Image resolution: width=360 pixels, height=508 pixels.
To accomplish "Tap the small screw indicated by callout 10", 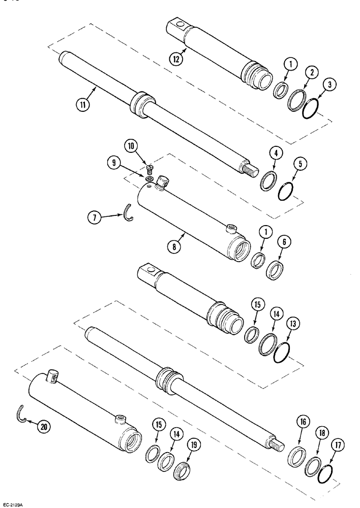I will coord(149,167).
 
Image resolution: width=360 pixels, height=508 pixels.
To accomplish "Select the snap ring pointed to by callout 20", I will coord(20,414).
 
